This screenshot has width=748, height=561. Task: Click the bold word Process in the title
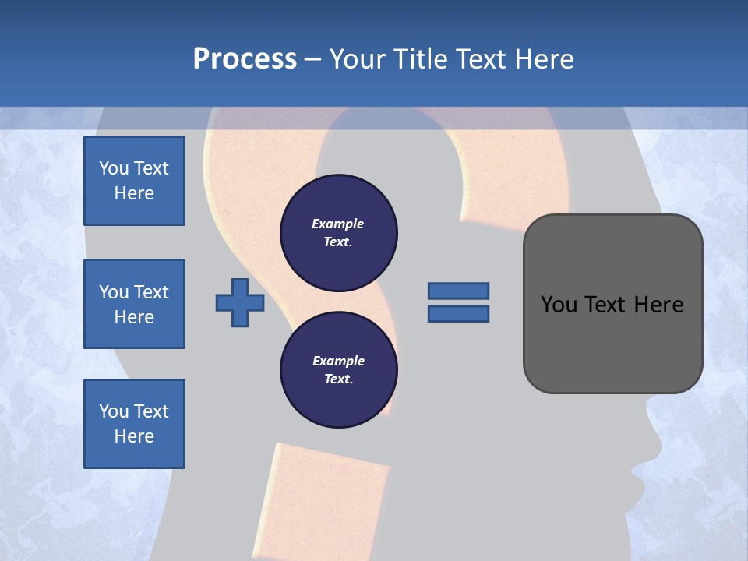tap(245, 59)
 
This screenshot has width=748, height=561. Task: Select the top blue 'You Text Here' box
tap(134, 181)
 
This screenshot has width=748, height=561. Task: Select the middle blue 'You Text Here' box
tap(134, 304)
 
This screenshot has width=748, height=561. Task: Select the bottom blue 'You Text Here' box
tap(134, 424)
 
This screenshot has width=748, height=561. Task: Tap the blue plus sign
tap(240, 303)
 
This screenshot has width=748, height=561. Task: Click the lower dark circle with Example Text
tap(339, 370)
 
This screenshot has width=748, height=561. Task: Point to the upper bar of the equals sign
tap(458, 291)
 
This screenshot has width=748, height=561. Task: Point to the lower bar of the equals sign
tap(458, 314)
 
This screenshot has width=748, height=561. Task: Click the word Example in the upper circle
tap(338, 224)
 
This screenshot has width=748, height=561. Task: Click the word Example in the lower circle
tap(338, 362)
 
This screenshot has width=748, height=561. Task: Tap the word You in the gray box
tap(558, 305)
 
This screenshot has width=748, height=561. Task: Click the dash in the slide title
tap(313, 59)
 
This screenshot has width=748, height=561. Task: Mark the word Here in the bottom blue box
tap(134, 436)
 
